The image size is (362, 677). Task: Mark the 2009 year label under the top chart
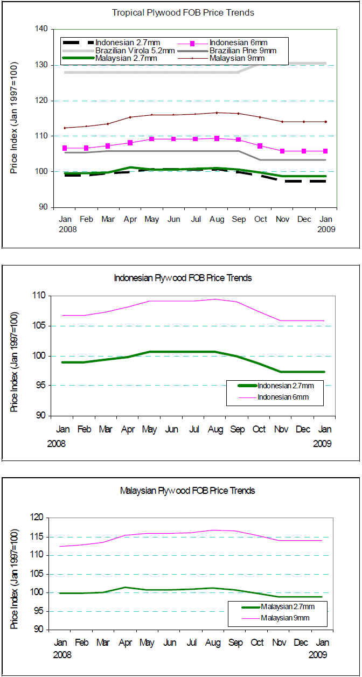[x=326, y=229]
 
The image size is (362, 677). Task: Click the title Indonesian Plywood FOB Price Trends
[x=183, y=278]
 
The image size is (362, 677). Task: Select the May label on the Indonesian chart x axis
[x=150, y=430]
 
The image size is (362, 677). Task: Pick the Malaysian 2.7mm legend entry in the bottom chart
[x=286, y=606]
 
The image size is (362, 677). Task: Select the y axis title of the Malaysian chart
[x=15, y=573]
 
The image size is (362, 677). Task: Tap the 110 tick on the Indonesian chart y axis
[x=39, y=296]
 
